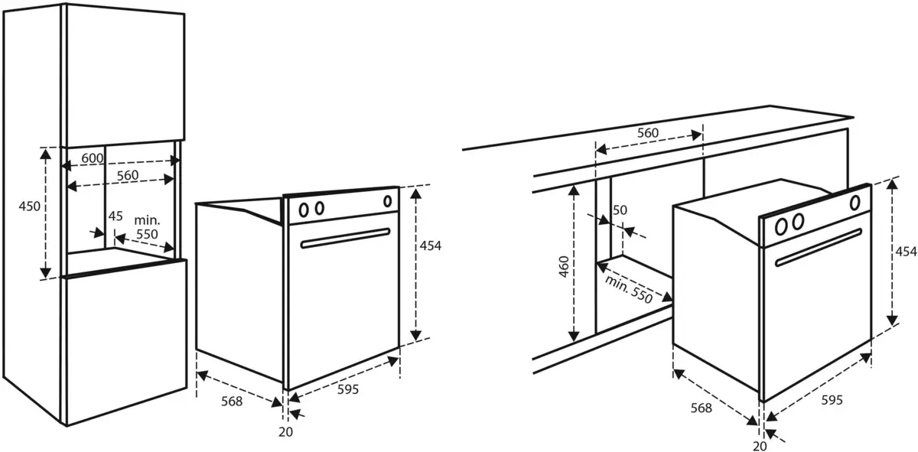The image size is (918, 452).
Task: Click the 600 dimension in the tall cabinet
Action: pos(93,158)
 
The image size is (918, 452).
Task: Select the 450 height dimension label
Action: pos(30,206)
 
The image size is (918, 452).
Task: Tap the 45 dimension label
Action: pos(116,216)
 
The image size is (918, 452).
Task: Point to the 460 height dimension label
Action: pos(565,267)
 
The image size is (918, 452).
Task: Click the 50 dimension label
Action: pos(620,210)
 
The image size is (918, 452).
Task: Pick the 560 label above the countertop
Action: pos(648,133)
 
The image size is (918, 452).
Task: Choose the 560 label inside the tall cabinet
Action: pos(128,175)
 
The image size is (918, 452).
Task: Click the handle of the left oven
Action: pos(345,238)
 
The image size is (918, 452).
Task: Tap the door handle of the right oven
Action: pos(818,247)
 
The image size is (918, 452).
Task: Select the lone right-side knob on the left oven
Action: pos(387,201)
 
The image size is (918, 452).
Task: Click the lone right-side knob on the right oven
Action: pos(855,203)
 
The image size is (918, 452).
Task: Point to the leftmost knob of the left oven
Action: pos(304,210)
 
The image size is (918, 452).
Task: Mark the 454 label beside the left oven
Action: pos(430,246)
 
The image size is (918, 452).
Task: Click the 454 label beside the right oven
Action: pos(906,252)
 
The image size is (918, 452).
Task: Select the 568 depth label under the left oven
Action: pos(232,402)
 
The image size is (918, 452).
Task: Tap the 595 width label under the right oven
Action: pos(832,400)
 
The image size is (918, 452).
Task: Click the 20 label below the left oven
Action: pos(285,432)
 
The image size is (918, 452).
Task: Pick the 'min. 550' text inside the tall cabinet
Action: pos(147,227)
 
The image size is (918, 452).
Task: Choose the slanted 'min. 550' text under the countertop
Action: pos(629,290)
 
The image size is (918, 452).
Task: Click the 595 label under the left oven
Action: pos(348,389)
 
